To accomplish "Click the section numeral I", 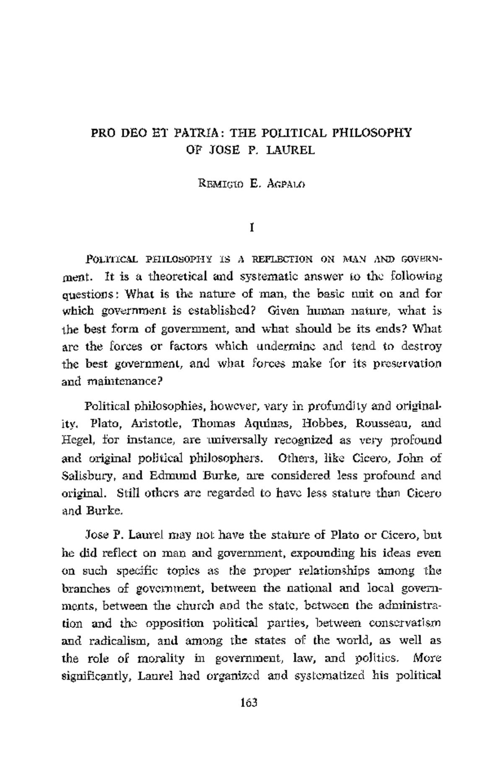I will (x=251, y=228).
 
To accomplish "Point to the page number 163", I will (x=249, y=703).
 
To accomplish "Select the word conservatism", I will (x=405, y=623).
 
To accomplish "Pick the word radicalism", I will (x=119, y=641).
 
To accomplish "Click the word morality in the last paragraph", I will (x=161, y=658).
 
